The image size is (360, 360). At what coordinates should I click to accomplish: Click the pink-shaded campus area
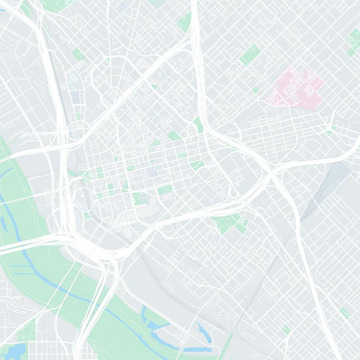[x=295, y=88]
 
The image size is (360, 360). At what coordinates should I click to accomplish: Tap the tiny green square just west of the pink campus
[x=255, y=90]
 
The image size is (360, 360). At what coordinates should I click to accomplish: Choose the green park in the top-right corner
[x=353, y=40]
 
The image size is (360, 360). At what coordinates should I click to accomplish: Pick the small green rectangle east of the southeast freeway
[x=345, y=313]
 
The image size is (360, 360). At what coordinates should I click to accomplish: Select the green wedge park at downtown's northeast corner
[x=198, y=124]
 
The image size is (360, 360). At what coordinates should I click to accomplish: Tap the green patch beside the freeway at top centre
[x=184, y=20]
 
